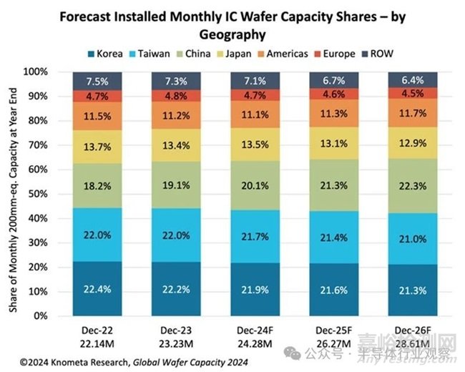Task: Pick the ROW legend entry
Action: tap(379, 53)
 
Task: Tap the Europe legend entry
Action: tap(336, 53)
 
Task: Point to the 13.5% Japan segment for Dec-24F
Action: tap(255, 144)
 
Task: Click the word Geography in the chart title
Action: tap(232, 34)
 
